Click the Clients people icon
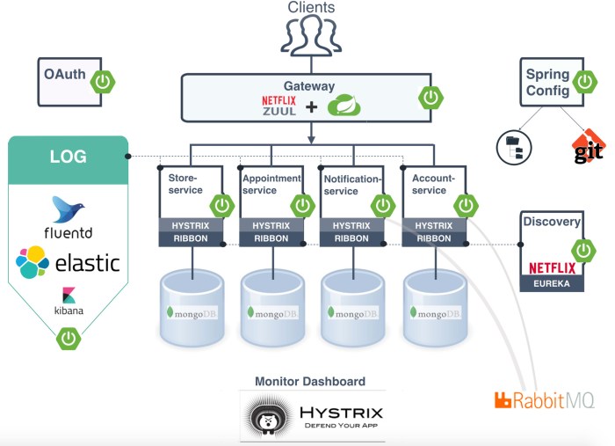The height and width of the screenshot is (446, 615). pos(311,35)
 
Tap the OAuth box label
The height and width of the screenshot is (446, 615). pos(65,74)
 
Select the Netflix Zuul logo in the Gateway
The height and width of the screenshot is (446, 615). pos(279,106)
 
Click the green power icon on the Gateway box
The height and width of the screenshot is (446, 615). pos(430,97)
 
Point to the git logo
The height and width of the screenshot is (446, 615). pos(589,147)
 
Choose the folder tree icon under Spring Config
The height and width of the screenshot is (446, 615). pos(514,148)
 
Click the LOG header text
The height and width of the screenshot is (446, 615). pos(69,157)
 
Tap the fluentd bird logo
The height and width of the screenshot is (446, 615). pos(68,208)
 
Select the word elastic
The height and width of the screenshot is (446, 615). pos(88,263)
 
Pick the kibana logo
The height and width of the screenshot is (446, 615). pos(69,301)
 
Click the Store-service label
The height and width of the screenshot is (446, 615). pos(185,184)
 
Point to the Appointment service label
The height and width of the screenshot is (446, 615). pos(271,184)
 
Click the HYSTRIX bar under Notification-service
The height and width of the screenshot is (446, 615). pos(351,225)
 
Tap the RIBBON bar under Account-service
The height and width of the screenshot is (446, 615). pos(434,238)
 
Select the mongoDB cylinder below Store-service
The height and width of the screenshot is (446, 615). pos(192,308)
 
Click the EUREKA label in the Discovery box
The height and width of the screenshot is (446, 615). pos(552,283)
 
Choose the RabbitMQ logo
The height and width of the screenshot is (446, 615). pos(544,400)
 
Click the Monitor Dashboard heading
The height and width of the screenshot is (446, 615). pos(310,381)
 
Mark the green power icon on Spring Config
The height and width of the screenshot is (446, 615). pos(585,82)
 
